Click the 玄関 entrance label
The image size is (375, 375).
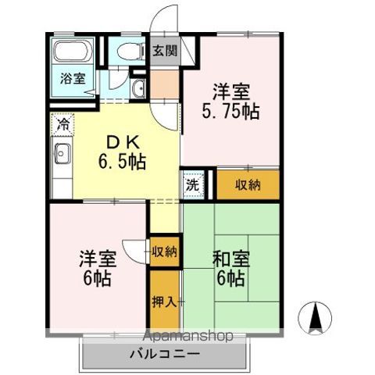pyautogui.click(x=164, y=52)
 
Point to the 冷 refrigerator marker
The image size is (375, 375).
pyautogui.click(x=62, y=123)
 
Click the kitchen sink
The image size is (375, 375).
pyautogui.click(x=62, y=154)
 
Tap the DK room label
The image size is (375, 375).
pyautogui.click(x=122, y=144)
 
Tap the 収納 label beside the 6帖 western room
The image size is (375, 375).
pyautogui.click(x=164, y=252)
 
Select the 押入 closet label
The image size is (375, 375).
pyautogui.click(x=164, y=302)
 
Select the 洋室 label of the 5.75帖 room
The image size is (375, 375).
pyautogui.click(x=231, y=90)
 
